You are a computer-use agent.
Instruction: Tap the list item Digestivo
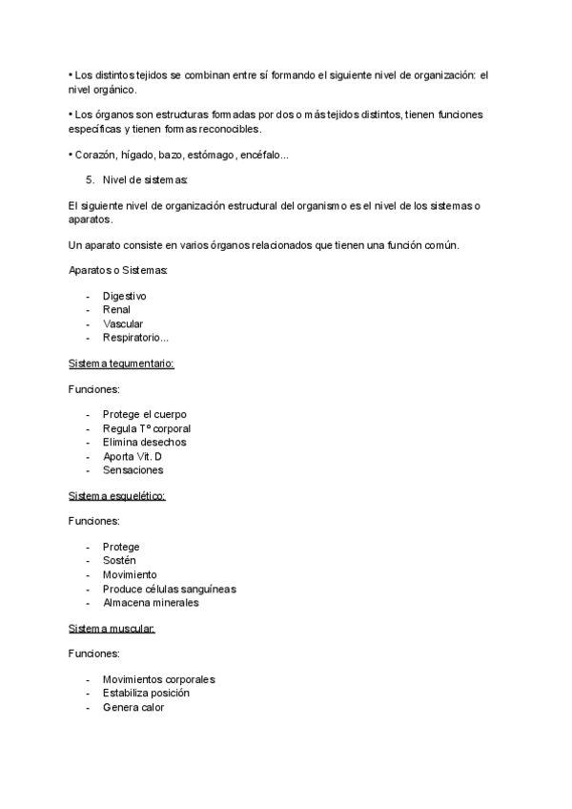124,296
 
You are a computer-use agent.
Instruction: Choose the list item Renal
116,309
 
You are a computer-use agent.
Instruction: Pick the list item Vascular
123,323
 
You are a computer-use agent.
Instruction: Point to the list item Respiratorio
135,337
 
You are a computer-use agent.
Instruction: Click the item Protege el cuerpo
145,415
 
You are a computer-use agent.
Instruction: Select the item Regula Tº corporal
147,428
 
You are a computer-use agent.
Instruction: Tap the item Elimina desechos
144,442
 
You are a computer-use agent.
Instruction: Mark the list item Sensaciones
133,469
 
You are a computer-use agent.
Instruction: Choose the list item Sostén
120,561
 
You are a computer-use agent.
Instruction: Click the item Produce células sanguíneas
169,589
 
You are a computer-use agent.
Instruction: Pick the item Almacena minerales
151,602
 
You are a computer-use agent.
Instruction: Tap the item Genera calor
133,707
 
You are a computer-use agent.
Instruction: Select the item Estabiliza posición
146,693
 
